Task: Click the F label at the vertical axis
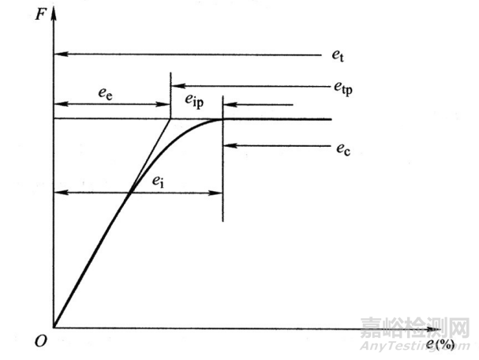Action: pos(39,15)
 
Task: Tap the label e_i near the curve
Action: pos(159,182)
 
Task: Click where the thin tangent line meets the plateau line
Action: pos(170,119)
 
